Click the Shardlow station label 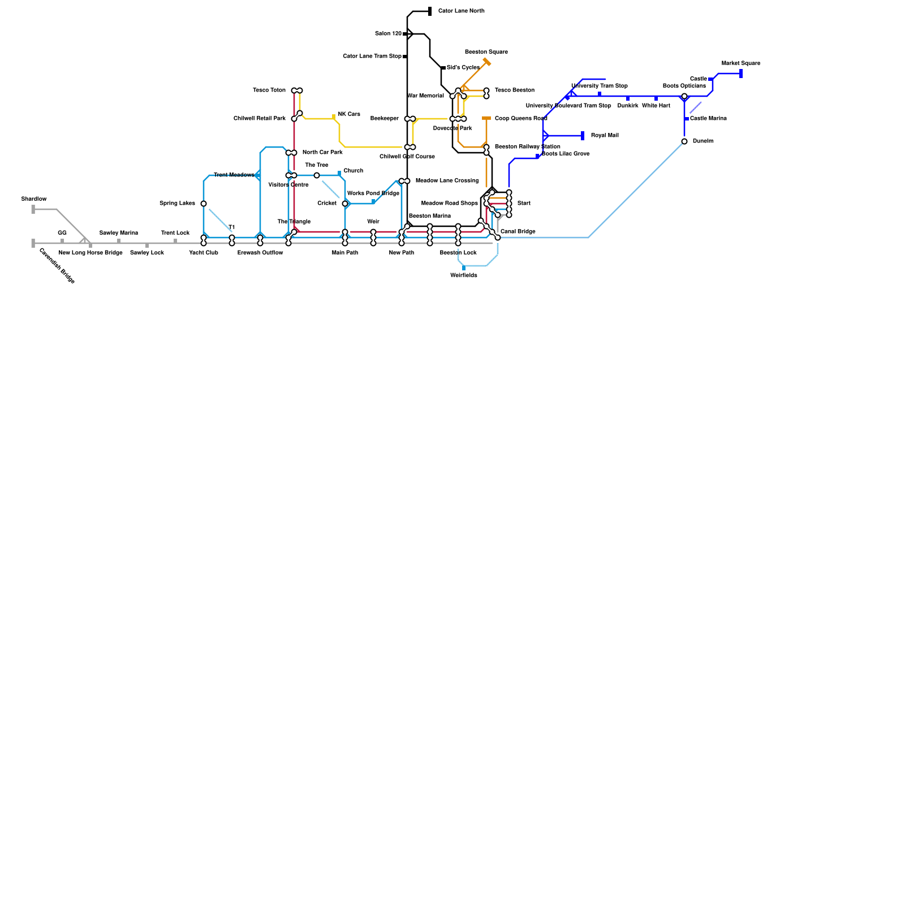[x=34, y=199]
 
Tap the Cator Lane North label [x=461, y=11]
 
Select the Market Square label [x=741, y=63]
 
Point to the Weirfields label [x=464, y=275]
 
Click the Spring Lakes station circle [x=204, y=204]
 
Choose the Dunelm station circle [x=684, y=141]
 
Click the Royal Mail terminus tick [x=583, y=136]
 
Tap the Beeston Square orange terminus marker [x=487, y=62]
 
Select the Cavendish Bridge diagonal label [x=57, y=266]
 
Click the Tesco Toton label [x=269, y=90]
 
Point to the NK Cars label [x=349, y=114]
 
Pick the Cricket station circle [x=345, y=204]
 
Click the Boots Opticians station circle [x=684, y=96]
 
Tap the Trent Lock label [x=175, y=233]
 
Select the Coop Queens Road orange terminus [x=486, y=118]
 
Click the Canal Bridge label [x=518, y=232]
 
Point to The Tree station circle [x=317, y=175]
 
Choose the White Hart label [x=656, y=106]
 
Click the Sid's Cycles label [x=463, y=68]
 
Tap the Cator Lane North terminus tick [x=430, y=11]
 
